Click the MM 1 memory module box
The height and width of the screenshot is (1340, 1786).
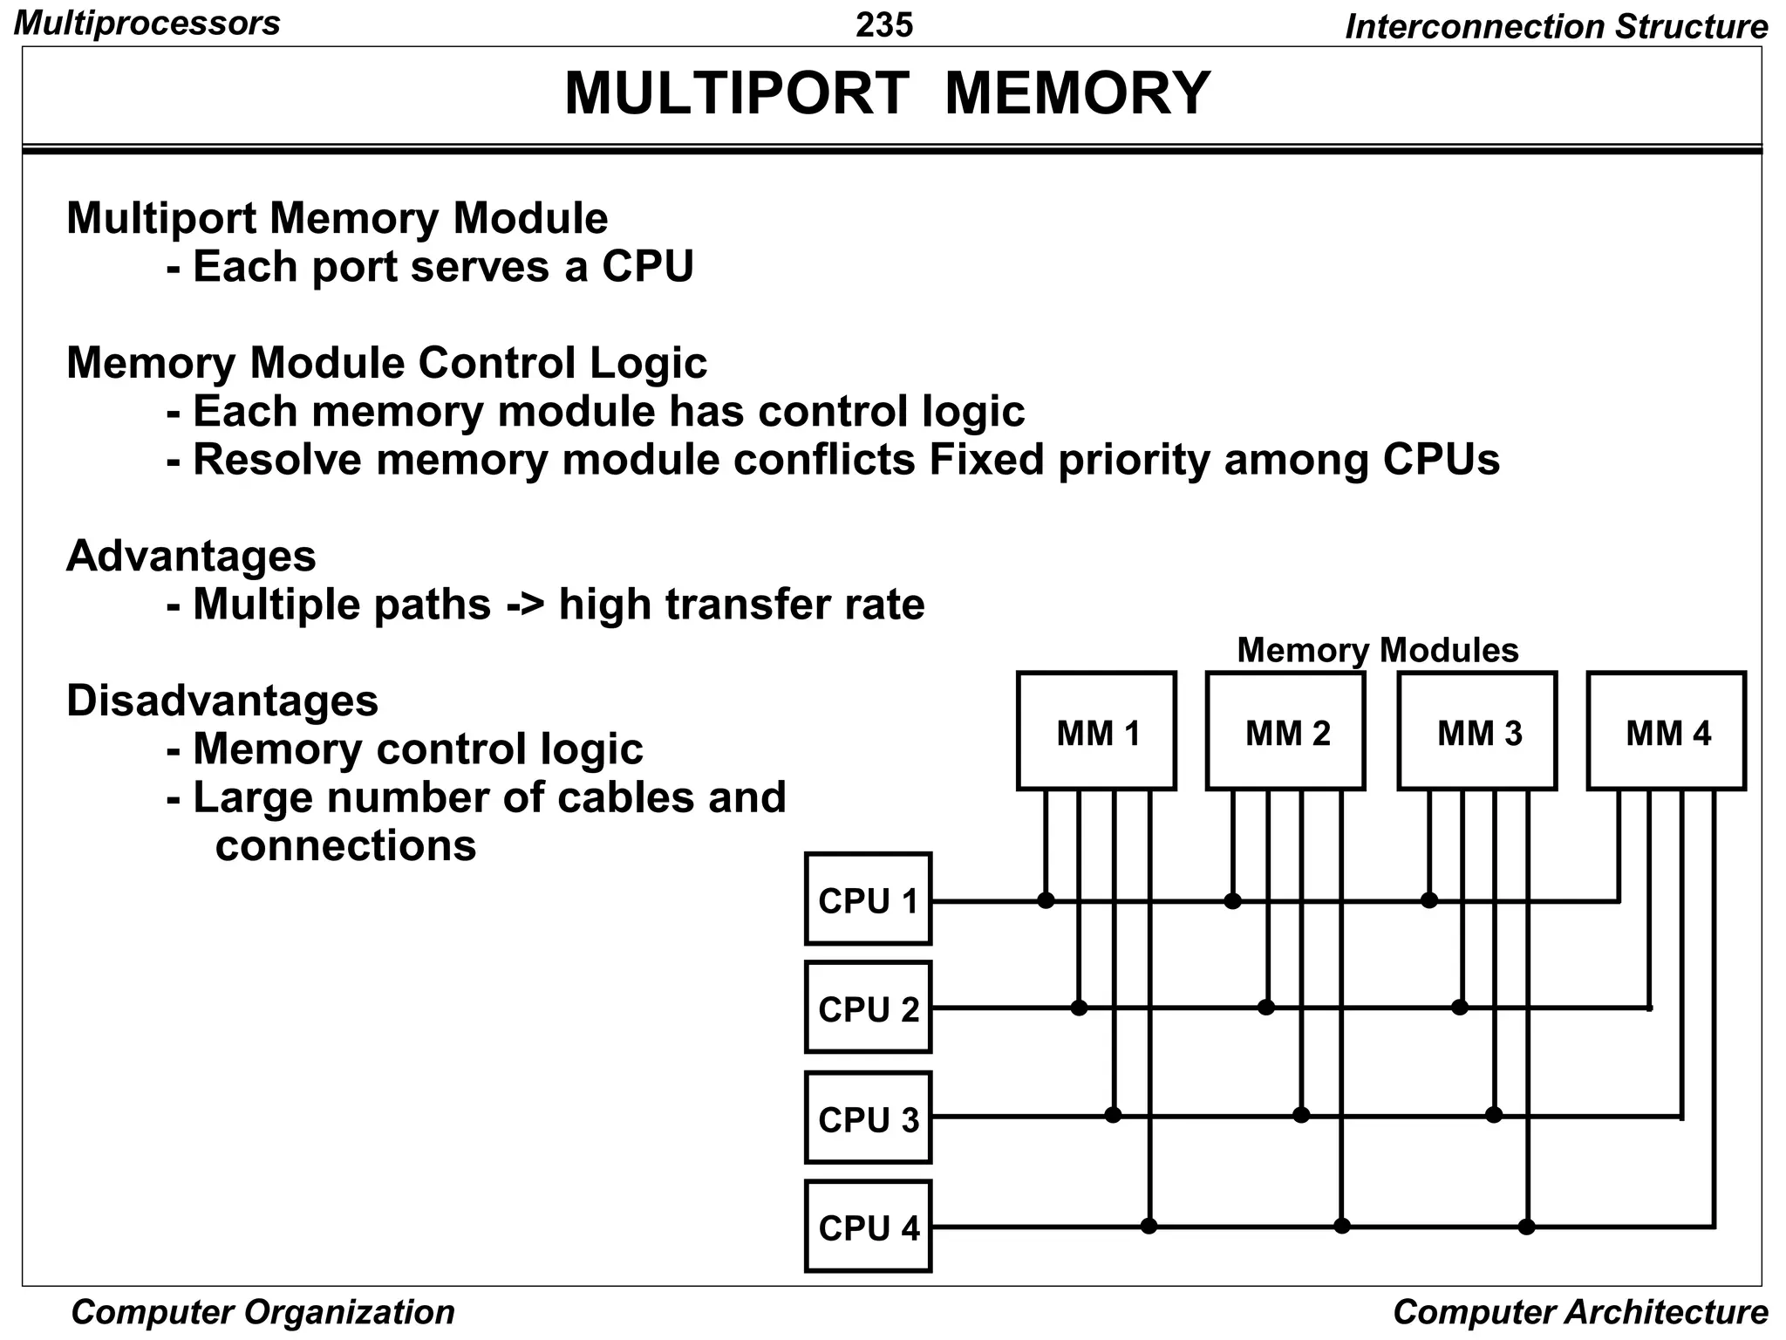(1096, 731)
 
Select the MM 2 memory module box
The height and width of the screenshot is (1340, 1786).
(1285, 731)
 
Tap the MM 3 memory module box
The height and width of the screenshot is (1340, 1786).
(1477, 731)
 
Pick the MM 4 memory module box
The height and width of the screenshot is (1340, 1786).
(1667, 731)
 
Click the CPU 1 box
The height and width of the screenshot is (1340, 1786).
(869, 899)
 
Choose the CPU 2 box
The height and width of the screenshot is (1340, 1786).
(869, 1008)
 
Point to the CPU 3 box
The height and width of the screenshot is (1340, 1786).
(869, 1118)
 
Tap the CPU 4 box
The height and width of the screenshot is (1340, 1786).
(869, 1227)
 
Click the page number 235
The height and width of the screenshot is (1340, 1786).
(884, 24)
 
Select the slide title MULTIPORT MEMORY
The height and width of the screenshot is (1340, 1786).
(887, 93)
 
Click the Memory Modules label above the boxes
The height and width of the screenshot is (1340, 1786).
(1377, 650)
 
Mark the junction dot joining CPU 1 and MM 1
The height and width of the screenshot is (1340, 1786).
(1046, 900)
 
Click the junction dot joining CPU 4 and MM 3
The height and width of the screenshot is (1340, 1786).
(1526, 1227)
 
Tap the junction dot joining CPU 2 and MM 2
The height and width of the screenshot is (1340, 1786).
(1266, 1008)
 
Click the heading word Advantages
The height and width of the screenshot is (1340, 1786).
(191, 556)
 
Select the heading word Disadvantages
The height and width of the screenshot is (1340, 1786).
(222, 701)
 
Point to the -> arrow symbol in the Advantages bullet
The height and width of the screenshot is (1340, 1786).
(524, 605)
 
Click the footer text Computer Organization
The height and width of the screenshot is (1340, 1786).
(262, 1312)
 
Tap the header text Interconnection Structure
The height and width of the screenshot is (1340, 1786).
(1556, 26)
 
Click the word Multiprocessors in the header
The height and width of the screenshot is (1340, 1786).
(147, 23)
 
